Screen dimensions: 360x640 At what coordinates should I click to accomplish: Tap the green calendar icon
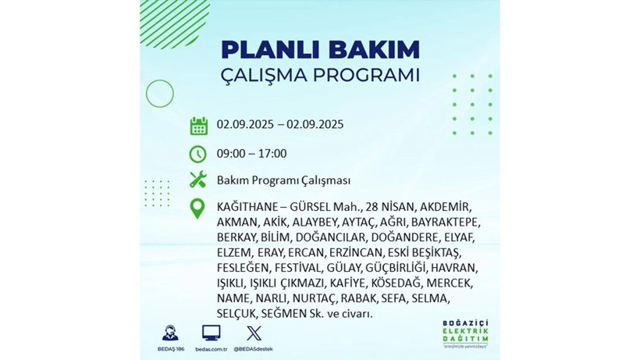click(x=198, y=126)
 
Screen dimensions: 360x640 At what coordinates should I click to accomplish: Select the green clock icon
click(x=198, y=154)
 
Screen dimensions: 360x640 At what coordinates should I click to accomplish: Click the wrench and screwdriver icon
click(x=198, y=180)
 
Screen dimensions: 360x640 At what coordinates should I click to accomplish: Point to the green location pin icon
click(x=198, y=208)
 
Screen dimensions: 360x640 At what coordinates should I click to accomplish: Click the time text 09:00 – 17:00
click(x=251, y=154)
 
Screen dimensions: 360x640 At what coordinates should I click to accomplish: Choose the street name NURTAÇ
click(x=315, y=298)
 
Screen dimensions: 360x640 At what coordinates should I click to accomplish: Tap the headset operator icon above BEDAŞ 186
click(x=169, y=333)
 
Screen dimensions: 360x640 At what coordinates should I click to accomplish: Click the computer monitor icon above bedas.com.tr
click(x=211, y=333)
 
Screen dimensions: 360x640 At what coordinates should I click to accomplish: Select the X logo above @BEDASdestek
click(x=254, y=333)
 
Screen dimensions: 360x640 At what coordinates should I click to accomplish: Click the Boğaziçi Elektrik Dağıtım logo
click(x=464, y=334)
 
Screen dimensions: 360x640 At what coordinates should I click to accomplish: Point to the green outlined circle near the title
click(x=160, y=94)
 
